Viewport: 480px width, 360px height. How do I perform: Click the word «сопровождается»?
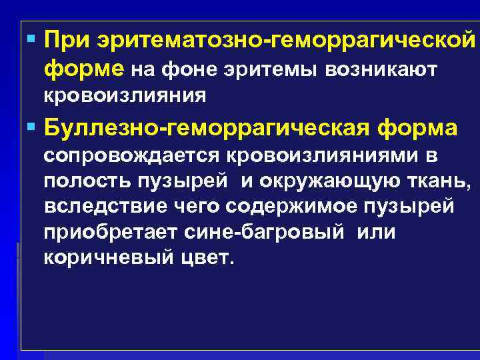point(133,157)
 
